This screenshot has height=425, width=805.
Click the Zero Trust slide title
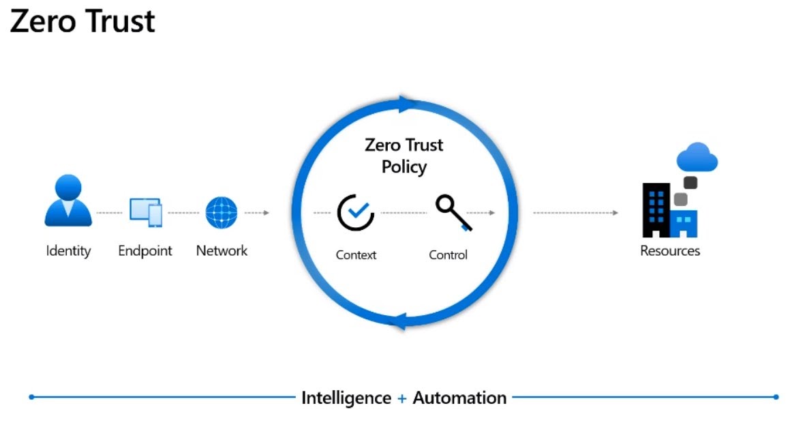pyautogui.click(x=82, y=22)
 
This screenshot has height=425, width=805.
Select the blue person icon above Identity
pyautogui.click(x=68, y=201)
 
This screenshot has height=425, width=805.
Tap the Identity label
pyautogui.click(x=68, y=251)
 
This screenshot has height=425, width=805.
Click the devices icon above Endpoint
pyautogui.click(x=145, y=212)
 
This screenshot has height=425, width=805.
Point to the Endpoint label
pyautogui.click(x=145, y=251)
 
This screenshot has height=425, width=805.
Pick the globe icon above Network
pyautogui.click(x=222, y=212)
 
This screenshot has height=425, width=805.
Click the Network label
pyautogui.click(x=222, y=251)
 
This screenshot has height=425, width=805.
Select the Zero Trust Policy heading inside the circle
pyautogui.click(x=404, y=156)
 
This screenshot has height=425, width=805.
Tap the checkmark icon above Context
pyautogui.click(x=356, y=212)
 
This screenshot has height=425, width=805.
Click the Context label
pyautogui.click(x=356, y=255)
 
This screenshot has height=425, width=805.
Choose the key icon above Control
pyautogui.click(x=451, y=211)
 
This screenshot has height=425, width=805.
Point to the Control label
pyautogui.click(x=448, y=255)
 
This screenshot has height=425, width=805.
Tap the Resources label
pyautogui.click(x=670, y=251)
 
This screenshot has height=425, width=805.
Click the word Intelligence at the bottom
pyautogui.click(x=346, y=398)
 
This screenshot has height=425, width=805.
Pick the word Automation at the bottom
pyautogui.click(x=459, y=398)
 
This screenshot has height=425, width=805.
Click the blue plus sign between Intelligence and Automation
pyautogui.click(x=402, y=398)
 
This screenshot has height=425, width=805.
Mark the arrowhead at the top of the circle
pyautogui.click(x=407, y=104)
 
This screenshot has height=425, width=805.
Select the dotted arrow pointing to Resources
pyautogui.click(x=576, y=213)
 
